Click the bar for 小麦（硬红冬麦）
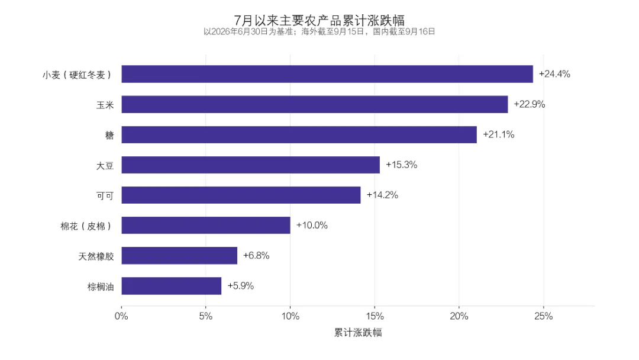pyautogui.click(x=327, y=74)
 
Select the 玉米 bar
pyautogui.click(x=315, y=104)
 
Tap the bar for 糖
pyautogui.click(x=299, y=134)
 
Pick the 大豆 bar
pyautogui.click(x=251, y=165)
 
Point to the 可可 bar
pyautogui.click(x=241, y=195)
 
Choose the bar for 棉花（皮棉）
pyautogui.click(x=206, y=225)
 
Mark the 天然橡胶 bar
pyautogui.click(x=179, y=255)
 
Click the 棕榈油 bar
pyautogui.click(x=171, y=286)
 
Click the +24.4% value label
pyautogui.click(x=554, y=74)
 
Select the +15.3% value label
pyautogui.click(x=401, y=165)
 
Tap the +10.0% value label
pyautogui.click(x=312, y=225)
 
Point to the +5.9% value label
pyautogui.click(x=240, y=286)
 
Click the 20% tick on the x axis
pyautogui.click(x=459, y=316)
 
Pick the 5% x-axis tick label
pyautogui.click(x=206, y=316)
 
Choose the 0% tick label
pyautogui.click(x=121, y=316)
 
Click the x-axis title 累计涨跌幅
pyautogui.click(x=358, y=332)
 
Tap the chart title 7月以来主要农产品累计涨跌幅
pyautogui.click(x=319, y=20)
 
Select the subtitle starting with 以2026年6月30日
pyautogui.click(x=319, y=31)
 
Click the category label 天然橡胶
pyautogui.click(x=96, y=256)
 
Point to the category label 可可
pyautogui.click(x=105, y=196)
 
